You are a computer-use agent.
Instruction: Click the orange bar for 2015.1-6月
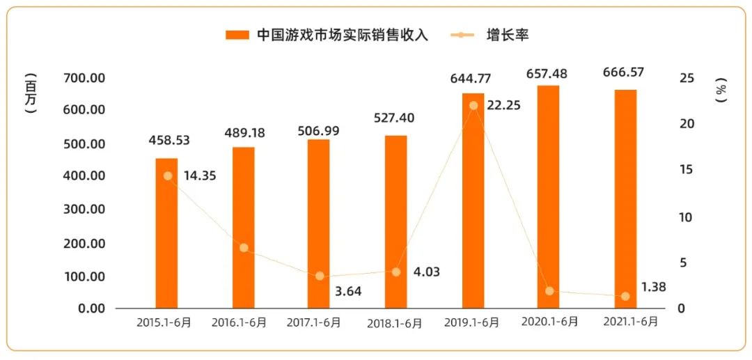[x=166, y=233]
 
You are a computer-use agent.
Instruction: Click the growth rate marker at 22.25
[x=473, y=106]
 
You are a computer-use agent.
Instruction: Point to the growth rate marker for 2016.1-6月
[x=243, y=248]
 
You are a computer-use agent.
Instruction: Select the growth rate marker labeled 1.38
[x=625, y=297]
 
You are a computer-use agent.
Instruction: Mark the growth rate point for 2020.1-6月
[x=549, y=291]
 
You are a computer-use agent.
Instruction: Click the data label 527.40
[x=394, y=118]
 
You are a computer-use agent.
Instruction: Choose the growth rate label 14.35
[x=200, y=176]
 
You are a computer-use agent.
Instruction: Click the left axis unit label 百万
[x=30, y=93]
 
